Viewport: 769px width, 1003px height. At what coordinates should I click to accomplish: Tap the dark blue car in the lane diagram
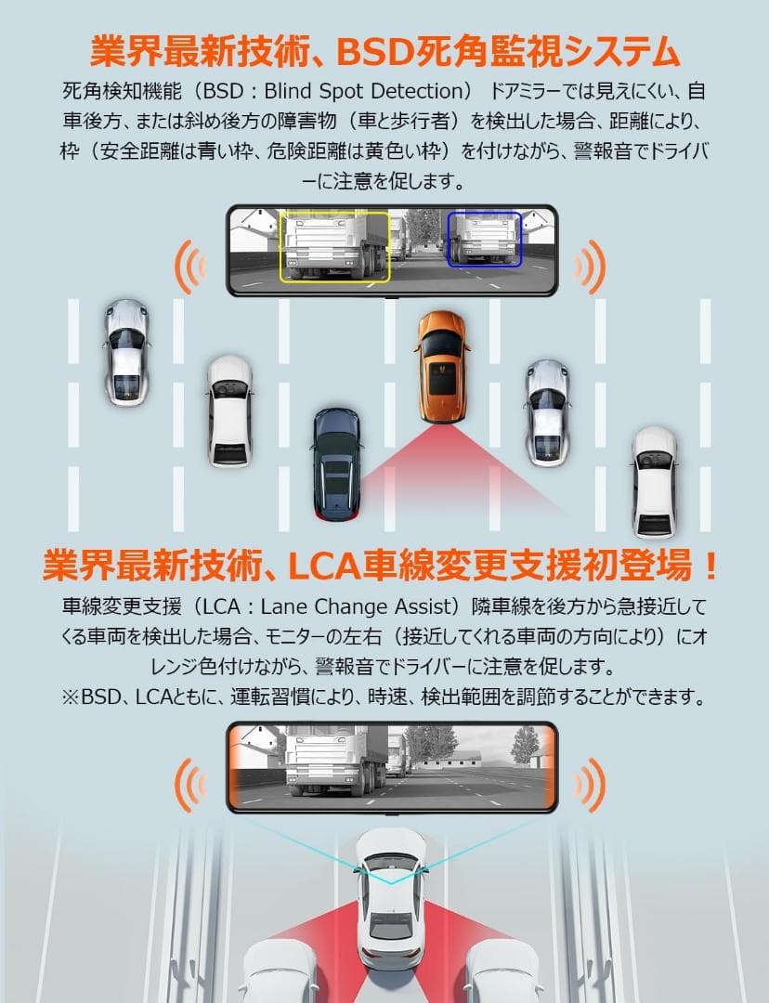coord(335,461)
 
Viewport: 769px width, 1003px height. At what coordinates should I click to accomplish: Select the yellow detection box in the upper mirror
coord(335,245)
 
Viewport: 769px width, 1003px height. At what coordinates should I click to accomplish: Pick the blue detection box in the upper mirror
coord(484,239)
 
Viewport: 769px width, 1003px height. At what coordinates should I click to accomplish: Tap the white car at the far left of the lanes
coord(125,351)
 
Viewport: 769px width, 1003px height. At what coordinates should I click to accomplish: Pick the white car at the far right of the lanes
coord(655,480)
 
